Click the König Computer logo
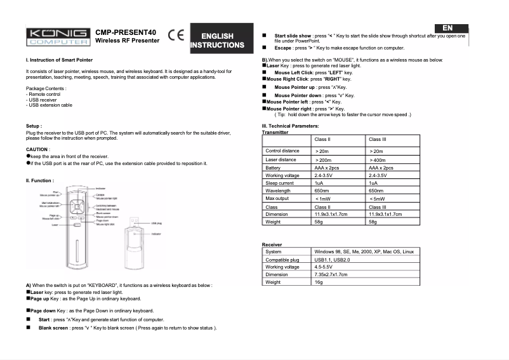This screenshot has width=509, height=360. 57,36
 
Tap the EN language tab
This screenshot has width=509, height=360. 447,28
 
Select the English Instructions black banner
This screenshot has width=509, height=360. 217,41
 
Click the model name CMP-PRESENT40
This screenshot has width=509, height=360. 126,32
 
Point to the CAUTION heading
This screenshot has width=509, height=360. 37,149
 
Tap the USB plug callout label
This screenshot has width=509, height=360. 157,223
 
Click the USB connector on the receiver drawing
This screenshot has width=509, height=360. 138,222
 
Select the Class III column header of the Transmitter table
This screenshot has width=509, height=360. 378,138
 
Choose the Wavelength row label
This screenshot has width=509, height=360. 278,190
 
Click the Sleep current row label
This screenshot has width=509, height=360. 279,183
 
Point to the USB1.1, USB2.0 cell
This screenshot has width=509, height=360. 332,260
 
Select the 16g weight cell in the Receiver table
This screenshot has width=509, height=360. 319,282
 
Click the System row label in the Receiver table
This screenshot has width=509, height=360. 274,252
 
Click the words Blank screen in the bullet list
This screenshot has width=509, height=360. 53,328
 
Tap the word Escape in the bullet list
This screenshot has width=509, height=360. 282,48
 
